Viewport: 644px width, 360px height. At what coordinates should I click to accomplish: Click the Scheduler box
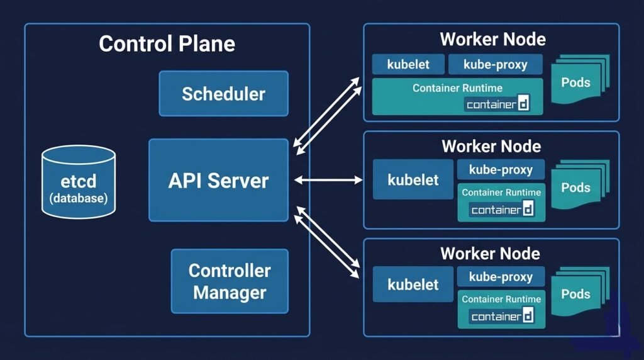223,94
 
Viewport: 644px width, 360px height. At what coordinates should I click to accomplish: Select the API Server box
218,181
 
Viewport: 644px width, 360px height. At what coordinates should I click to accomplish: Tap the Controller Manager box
230,281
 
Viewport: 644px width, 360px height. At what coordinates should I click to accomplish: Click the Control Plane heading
167,43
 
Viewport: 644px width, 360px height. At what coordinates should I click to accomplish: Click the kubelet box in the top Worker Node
408,64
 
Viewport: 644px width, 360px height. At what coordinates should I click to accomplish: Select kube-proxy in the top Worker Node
495,64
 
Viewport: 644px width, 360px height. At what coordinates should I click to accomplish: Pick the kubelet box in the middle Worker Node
413,180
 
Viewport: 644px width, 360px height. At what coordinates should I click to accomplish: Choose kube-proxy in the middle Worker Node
501,169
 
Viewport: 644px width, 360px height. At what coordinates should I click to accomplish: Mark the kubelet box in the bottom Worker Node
413,284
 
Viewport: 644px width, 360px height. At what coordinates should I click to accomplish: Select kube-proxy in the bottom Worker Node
501,276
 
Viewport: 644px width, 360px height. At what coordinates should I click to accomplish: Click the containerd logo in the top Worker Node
497,104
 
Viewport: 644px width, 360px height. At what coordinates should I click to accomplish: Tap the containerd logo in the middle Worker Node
502,209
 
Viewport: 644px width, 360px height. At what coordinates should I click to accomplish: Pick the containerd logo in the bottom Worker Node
502,316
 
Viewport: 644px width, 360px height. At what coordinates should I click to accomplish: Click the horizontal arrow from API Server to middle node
328,181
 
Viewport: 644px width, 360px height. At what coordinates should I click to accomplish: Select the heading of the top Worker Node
492,39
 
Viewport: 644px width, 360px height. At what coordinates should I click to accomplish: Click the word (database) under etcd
79,198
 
